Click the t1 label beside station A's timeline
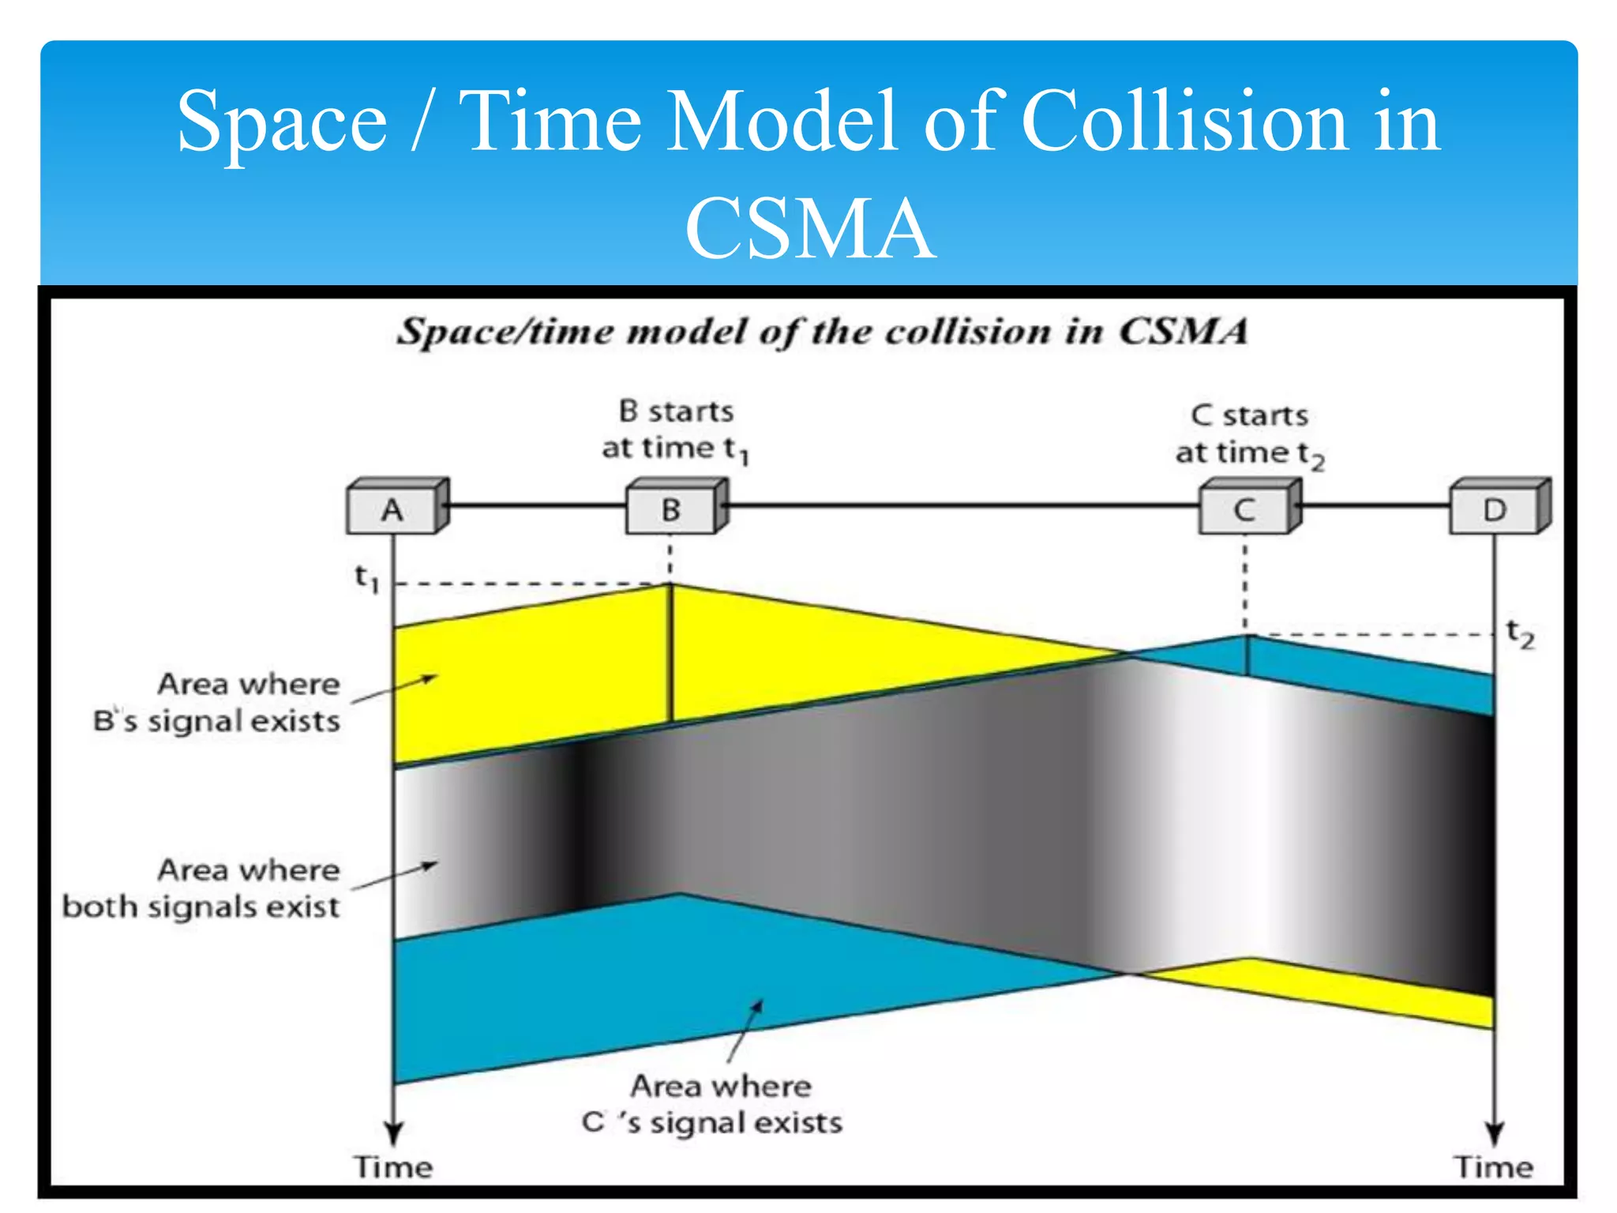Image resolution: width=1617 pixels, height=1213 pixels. point(367,578)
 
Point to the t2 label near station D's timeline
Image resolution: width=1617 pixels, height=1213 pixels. point(1520,633)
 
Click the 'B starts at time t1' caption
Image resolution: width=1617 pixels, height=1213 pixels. point(676,430)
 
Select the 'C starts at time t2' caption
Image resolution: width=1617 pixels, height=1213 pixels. point(1250,435)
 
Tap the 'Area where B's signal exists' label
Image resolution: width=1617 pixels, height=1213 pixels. point(217,702)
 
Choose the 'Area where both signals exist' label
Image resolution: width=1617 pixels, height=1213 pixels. point(202,888)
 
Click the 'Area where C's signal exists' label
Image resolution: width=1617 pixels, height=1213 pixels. point(713,1104)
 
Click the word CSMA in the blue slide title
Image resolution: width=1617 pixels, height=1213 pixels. point(809,229)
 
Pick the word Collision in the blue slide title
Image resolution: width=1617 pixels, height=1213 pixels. point(1184,122)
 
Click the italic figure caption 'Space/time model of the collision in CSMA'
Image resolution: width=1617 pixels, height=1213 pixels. point(822,331)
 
